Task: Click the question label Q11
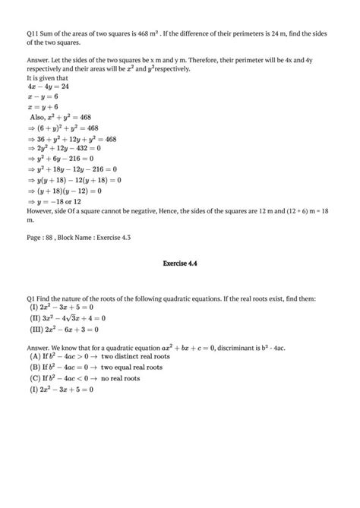[x=33, y=33]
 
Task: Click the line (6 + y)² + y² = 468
[x=69, y=128]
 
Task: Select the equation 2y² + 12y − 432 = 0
[x=69, y=149]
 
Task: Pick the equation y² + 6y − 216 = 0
[x=65, y=159]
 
